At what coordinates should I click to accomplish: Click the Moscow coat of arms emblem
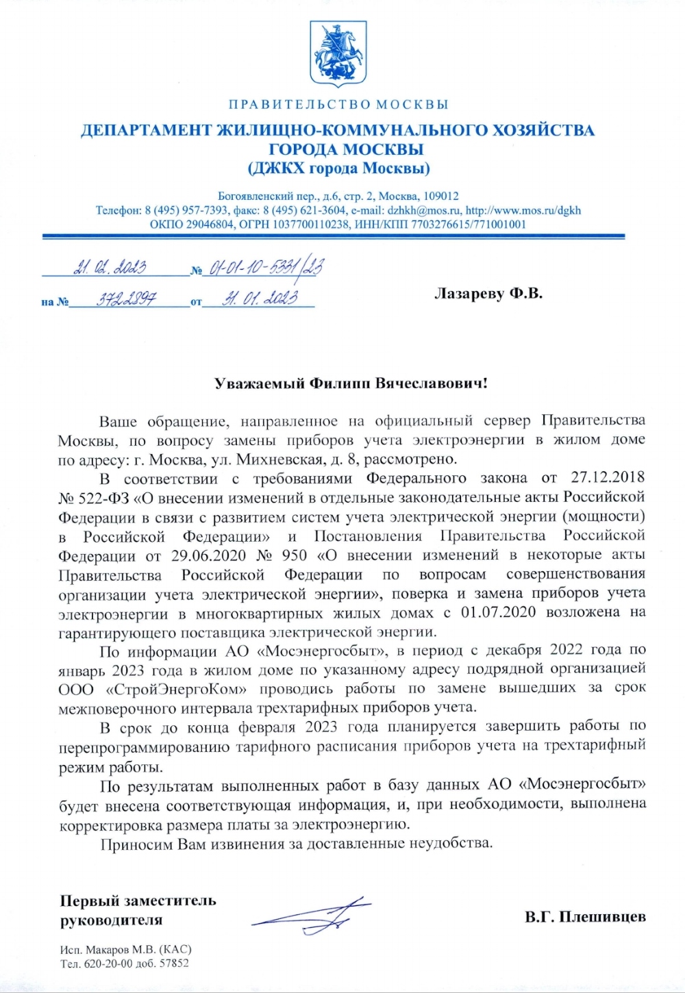click(338, 53)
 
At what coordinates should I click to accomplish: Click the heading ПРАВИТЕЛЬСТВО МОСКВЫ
click(338, 105)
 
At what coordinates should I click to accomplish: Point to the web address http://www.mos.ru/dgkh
click(523, 210)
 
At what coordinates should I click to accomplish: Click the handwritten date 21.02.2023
click(110, 267)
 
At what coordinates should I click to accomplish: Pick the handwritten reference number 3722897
click(126, 299)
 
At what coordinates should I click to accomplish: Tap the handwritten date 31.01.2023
click(260, 299)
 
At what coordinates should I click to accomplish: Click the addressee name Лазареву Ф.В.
click(488, 294)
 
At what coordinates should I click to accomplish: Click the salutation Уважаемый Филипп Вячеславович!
click(351, 384)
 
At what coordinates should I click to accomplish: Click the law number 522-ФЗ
click(100, 496)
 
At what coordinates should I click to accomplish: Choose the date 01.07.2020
click(498, 612)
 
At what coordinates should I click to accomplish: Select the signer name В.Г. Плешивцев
click(585, 917)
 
